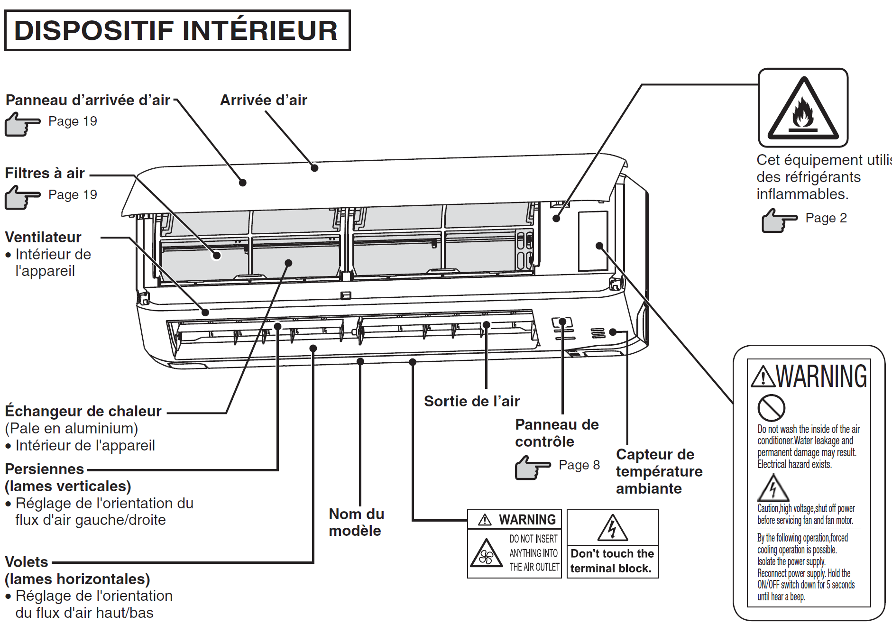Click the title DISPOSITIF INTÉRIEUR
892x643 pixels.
coord(176,30)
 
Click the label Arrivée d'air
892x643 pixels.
coord(263,100)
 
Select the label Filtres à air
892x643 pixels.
coord(45,173)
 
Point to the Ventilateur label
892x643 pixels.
coord(43,237)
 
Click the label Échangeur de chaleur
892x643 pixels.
coord(83,411)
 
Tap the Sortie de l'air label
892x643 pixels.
coord(471,401)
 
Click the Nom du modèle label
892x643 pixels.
coord(356,522)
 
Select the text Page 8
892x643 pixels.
coord(579,465)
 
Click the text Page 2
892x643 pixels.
coord(826,218)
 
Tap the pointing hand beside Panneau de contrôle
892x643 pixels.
coord(532,468)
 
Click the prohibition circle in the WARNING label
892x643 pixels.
coord(771,407)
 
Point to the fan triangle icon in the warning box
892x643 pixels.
coord(486,554)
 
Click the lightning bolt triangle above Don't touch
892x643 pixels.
coord(612,528)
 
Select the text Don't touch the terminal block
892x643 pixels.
coord(612,561)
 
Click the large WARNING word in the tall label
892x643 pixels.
coord(821,377)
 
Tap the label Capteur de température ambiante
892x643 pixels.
coord(659,471)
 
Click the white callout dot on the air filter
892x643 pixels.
coord(217,256)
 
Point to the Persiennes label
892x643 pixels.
coord(44,469)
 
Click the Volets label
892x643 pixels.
coord(27,562)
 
